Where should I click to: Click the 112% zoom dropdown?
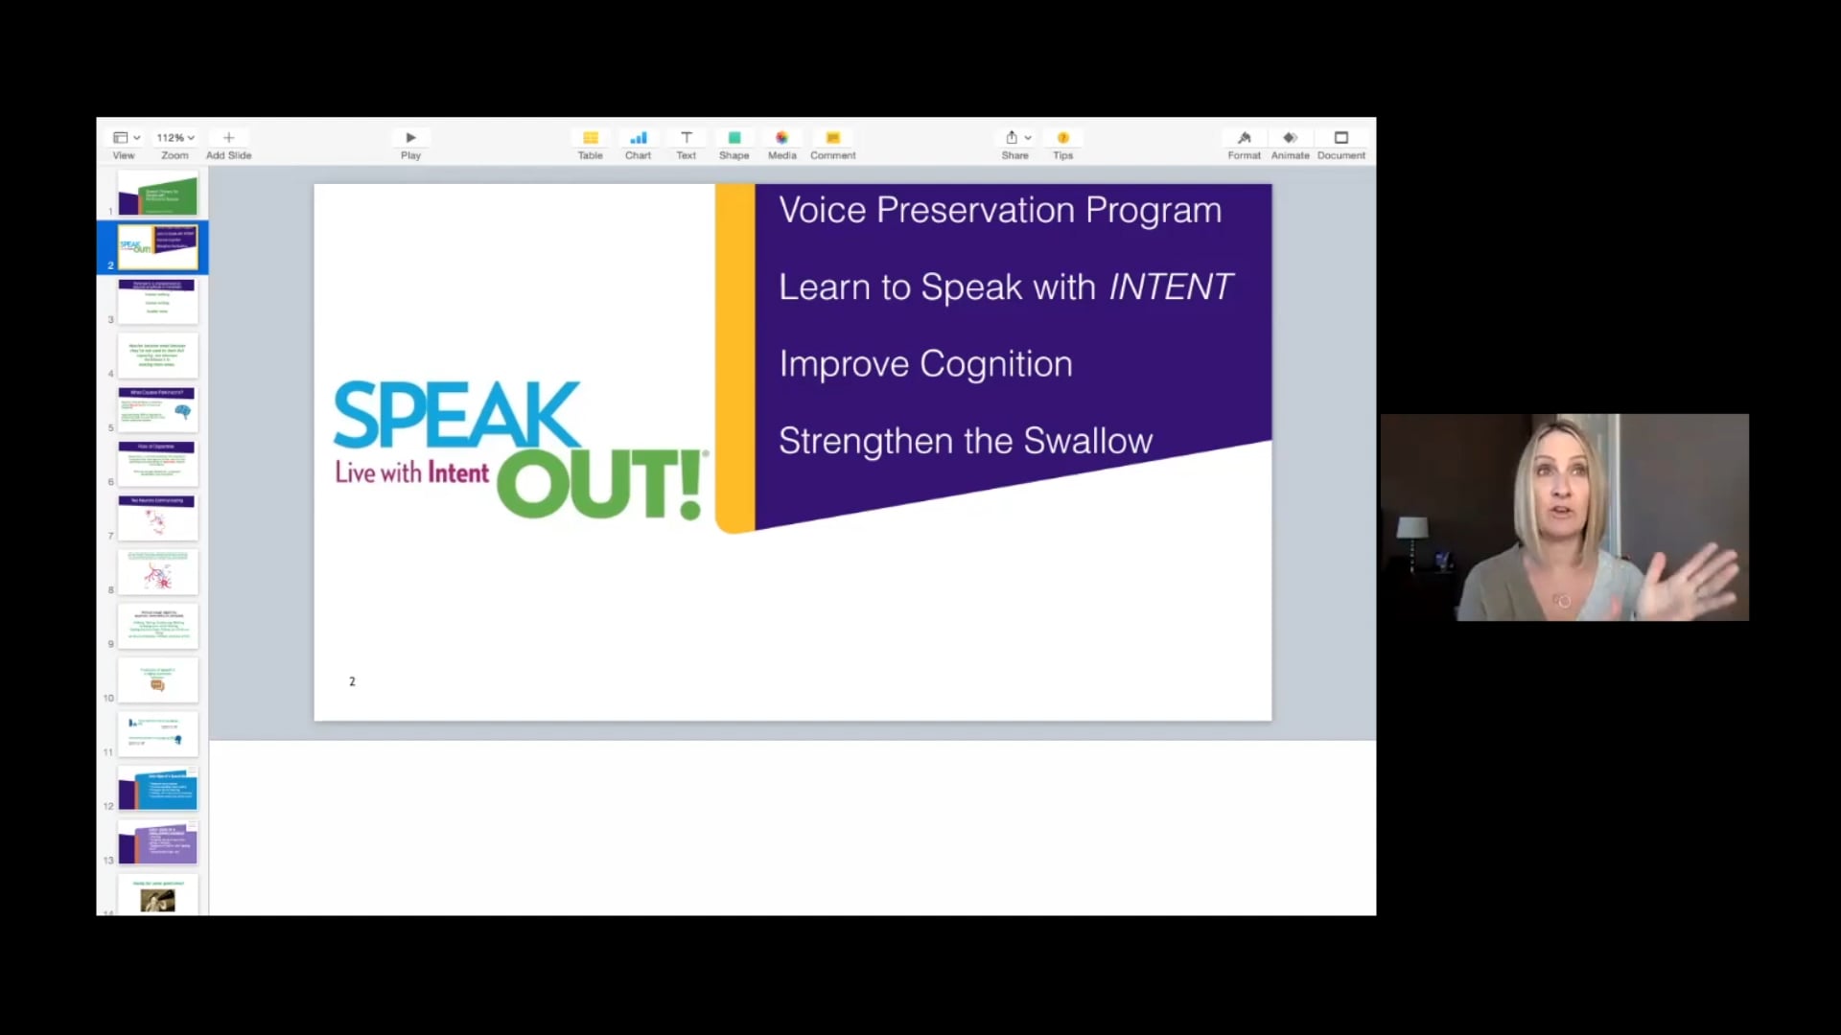point(175,138)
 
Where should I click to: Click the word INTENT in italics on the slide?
point(1171,287)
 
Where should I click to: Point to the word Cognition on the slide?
point(996,364)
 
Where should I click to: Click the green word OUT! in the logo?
point(600,485)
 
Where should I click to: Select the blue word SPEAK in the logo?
point(456,415)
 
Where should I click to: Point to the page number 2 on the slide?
point(352,681)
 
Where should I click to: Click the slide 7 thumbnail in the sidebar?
point(157,517)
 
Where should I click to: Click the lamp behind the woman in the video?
point(1412,532)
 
